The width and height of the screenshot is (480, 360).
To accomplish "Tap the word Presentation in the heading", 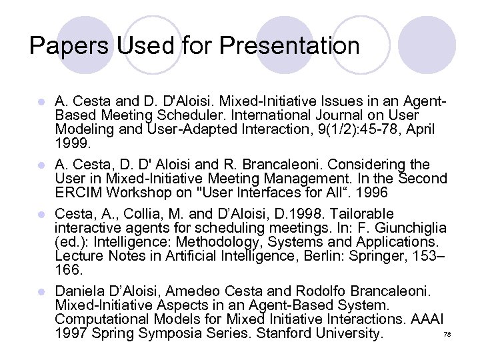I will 289,46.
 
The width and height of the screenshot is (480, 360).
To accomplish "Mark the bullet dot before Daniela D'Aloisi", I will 41,292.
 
